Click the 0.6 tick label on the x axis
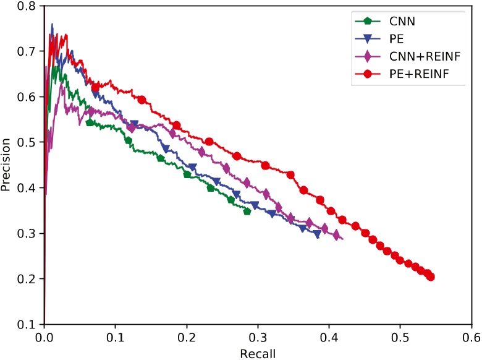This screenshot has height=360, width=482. [471, 338]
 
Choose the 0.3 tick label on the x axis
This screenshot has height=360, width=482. [258, 338]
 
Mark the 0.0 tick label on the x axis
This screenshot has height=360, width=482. [44, 338]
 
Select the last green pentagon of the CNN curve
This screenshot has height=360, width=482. [247, 212]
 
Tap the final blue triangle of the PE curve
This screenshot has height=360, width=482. [317, 234]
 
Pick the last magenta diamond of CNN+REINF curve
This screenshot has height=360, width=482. [337, 235]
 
